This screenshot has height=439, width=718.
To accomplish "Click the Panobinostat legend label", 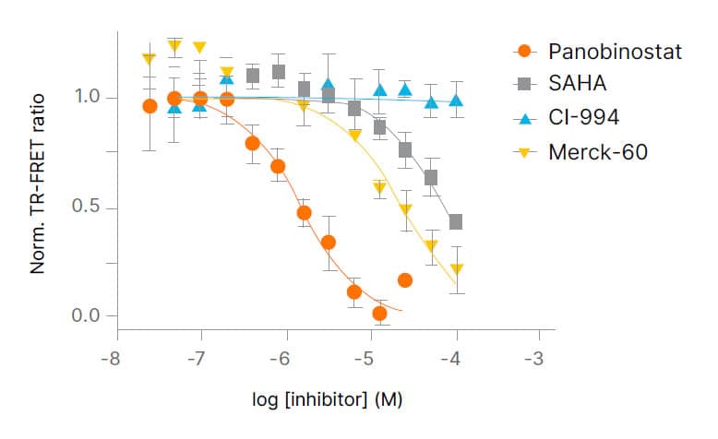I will tap(614, 51).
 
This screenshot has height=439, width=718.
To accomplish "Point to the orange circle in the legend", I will tap(524, 51).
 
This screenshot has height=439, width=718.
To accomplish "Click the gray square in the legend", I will tap(524, 84).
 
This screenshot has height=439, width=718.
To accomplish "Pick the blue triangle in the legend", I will tap(524, 117).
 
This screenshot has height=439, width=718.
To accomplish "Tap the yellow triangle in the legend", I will tap(524, 151).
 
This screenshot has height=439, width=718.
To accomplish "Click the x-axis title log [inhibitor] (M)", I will tap(328, 400).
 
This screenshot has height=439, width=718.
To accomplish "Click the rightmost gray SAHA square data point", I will tap(455, 222).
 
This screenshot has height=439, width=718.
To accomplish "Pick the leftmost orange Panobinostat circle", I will tap(150, 106).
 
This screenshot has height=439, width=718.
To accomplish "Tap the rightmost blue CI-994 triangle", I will tap(455, 101).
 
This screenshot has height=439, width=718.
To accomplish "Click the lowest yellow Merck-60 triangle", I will tap(456, 270).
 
